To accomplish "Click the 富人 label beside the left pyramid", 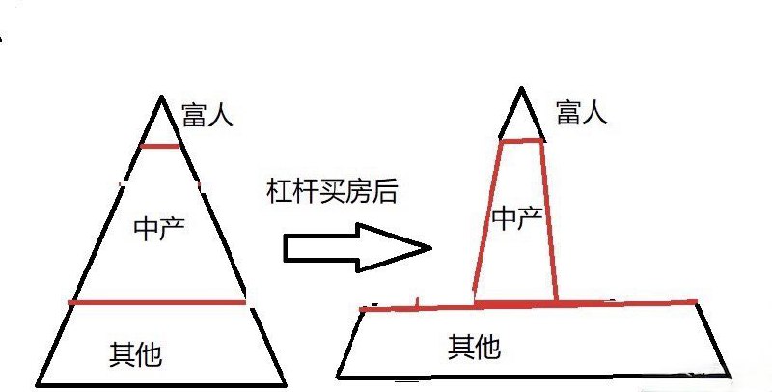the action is (207, 115).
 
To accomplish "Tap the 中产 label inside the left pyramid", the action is (159, 228).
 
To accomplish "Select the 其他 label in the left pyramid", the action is (135, 354).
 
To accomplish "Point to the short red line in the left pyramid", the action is (159, 146).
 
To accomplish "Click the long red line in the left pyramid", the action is (156, 302).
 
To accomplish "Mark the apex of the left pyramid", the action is (161, 96).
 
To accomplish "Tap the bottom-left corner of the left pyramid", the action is (37, 384).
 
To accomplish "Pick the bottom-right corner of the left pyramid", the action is (286, 384).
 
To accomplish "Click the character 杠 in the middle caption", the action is (279, 191).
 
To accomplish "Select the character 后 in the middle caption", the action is (384, 191).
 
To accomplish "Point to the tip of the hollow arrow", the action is (431, 248).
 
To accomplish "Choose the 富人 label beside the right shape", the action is (582, 112).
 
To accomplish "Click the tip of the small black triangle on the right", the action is (521, 88).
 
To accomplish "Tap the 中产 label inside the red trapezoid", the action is (517, 218).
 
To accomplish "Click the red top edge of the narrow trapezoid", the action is (521, 141).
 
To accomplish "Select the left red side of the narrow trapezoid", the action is (487, 216).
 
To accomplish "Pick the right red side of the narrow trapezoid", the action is (549, 220).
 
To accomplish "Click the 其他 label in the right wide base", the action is (474, 347).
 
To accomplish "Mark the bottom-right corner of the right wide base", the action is (729, 376).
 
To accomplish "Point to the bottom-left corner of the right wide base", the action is (339, 378).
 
